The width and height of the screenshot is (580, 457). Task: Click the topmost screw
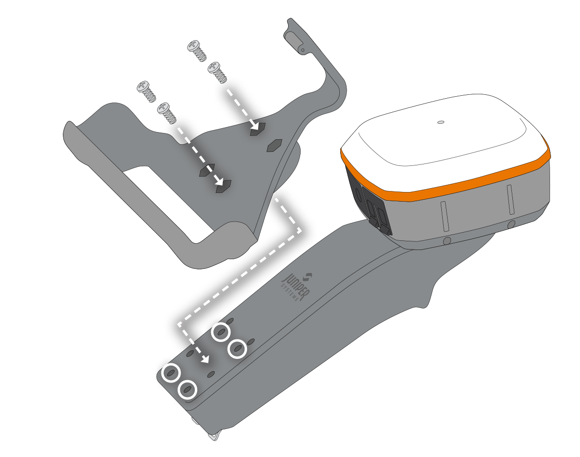[197, 51]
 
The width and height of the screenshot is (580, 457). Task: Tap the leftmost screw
[146, 91]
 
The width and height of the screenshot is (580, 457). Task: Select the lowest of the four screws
[167, 113]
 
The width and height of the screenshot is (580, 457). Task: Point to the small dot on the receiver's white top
[441, 122]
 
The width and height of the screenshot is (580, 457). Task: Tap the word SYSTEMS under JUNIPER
[290, 293]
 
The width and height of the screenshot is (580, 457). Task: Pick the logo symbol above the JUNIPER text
[307, 277]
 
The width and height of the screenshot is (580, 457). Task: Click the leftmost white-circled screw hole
[171, 373]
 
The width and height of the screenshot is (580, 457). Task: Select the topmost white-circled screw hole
[221, 332]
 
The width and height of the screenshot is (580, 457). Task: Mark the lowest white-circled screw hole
[188, 390]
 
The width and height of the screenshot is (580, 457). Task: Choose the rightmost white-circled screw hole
[237, 349]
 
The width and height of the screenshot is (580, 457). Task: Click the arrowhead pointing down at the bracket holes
[205, 359]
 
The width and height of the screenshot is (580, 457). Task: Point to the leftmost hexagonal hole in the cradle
[207, 170]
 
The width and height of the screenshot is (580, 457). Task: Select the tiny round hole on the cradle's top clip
[303, 50]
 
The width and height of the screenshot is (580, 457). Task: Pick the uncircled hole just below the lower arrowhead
[211, 374]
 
